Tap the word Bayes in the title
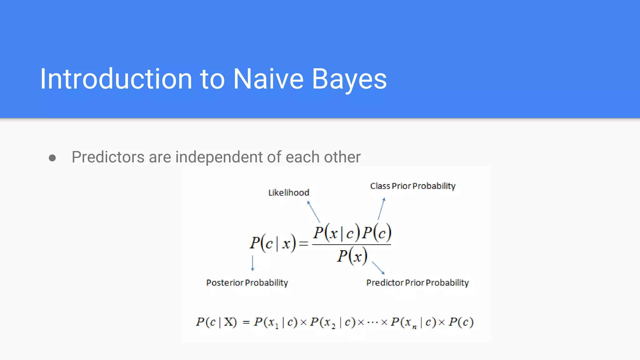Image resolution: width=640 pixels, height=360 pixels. pyautogui.click(x=349, y=80)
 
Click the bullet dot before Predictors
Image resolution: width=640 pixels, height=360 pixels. pyautogui.click(x=52, y=158)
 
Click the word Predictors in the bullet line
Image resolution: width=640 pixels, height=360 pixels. pyautogui.click(x=108, y=157)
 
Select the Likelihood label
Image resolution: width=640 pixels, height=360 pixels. pyautogui.click(x=289, y=192)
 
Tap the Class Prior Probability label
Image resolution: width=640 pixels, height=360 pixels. pyautogui.click(x=412, y=186)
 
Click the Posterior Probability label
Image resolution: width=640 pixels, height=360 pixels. pyautogui.click(x=247, y=282)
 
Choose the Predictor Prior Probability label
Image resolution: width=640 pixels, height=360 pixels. pyautogui.click(x=417, y=282)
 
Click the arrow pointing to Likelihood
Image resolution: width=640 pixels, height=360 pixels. pyautogui.click(x=313, y=212)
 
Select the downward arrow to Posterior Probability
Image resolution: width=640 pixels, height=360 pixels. pyautogui.click(x=252, y=263)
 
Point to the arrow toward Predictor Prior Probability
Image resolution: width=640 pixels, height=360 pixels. pyautogui.click(x=378, y=268)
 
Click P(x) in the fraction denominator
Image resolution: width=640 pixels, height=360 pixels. pyautogui.click(x=352, y=256)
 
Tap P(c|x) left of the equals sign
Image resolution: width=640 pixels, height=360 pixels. pyautogui.click(x=272, y=243)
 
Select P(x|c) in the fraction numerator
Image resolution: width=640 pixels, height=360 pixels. pyautogui.click(x=337, y=233)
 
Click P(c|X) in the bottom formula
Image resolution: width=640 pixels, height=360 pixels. pyautogui.click(x=216, y=322)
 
